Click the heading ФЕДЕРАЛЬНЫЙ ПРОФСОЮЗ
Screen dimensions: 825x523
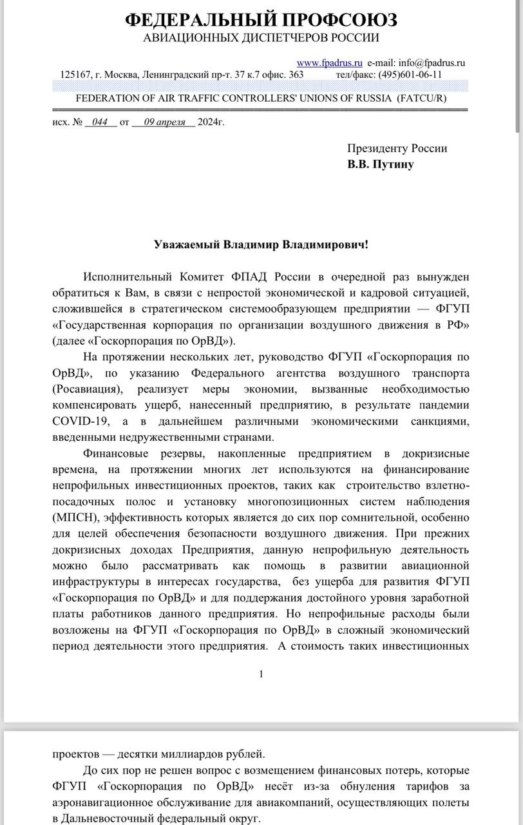(261, 20)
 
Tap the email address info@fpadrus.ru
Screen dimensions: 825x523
(432, 63)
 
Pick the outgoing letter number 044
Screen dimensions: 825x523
(100, 122)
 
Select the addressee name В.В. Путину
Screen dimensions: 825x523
(381, 164)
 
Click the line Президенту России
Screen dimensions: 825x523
(397, 148)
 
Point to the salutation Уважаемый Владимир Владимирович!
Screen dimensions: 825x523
(261, 245)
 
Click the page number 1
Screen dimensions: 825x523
(261, 674)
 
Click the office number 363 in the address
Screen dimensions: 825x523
(296, 74)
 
